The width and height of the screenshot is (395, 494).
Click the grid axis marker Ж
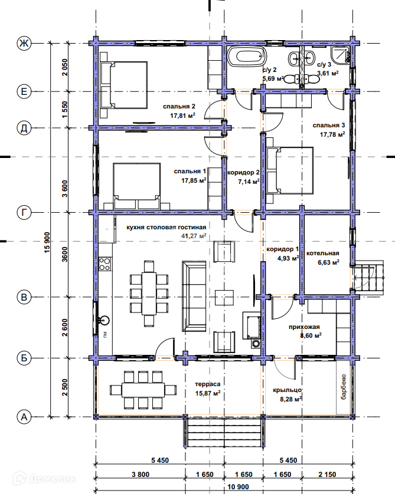[24, 43]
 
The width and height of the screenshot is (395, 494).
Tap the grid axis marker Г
[24, 213]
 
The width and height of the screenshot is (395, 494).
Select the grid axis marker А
[24, 417]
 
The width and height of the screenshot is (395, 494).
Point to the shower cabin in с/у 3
[341, 54]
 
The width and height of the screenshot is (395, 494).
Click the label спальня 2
[179, 107]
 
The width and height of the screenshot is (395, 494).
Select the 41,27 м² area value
[194, 236]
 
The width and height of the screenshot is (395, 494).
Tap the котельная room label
[322, 253]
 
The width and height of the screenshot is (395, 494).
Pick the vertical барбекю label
[344, 387]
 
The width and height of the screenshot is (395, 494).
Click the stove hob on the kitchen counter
[105, 264]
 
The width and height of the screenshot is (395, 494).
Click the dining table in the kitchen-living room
[149, 294]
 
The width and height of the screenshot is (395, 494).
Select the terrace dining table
[143, 390]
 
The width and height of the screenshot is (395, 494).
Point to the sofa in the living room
[194, 296]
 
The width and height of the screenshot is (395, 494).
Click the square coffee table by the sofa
[224, 298]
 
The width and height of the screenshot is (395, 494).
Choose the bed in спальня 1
[136, 186]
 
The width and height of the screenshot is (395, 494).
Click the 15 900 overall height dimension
[47, 243]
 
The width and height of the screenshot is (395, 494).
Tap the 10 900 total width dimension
[238, 487]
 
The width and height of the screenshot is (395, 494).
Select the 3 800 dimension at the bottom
[140, 475]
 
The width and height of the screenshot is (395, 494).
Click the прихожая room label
[304, 327]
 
